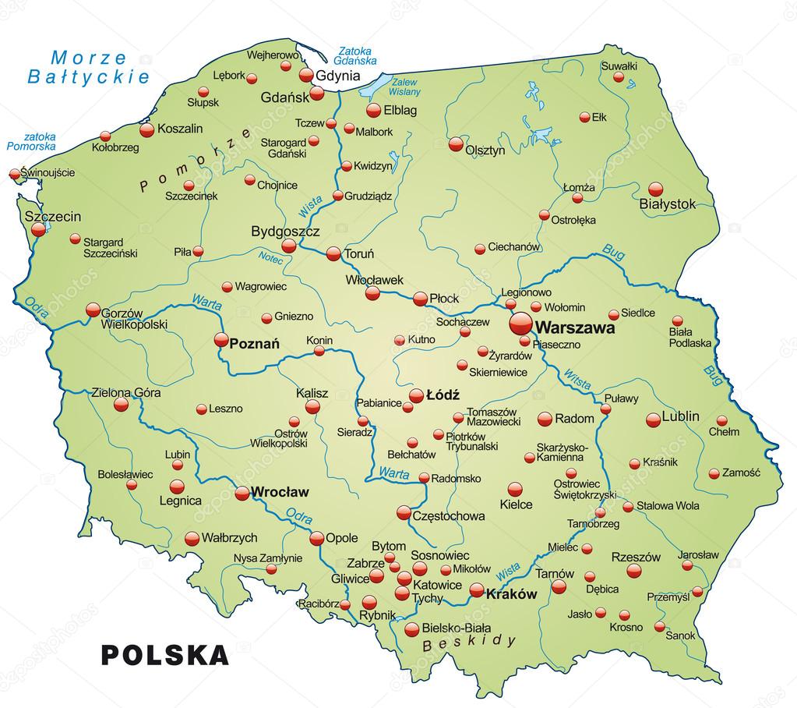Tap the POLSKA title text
(165, 654)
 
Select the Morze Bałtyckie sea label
(87, 67)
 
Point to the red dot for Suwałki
(619, 78)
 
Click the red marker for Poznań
(221, 339)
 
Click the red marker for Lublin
(654, 419)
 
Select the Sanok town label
(680, 635)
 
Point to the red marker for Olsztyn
(457, 143)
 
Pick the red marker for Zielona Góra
(121, 405)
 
